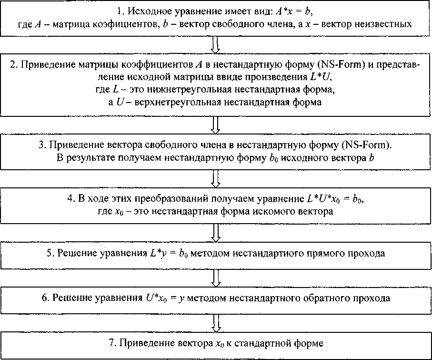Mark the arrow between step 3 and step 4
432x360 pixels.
[215, 178]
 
